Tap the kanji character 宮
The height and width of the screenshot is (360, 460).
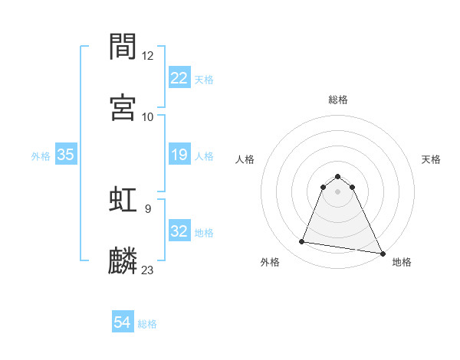(123, 107)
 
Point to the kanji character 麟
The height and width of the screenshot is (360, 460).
(123, 260)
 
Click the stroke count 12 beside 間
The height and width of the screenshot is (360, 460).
(148, 55)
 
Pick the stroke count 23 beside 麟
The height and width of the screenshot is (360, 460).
(148, 270)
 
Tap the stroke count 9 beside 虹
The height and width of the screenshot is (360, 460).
(147, 208)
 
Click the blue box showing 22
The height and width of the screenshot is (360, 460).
(179, 77)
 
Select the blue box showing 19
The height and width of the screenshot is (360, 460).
(179, 155)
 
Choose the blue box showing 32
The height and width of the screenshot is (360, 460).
(179, 231)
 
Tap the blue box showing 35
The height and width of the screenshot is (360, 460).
(66, 155)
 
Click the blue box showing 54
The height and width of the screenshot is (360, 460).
(123, 322)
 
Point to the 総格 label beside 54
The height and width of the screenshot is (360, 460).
(147, 324)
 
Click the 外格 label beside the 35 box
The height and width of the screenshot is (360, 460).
(41, 156)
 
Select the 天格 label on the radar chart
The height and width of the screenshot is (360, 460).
(432, 159)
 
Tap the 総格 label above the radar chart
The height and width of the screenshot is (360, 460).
(338, 100)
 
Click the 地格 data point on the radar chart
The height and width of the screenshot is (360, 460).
(383, 253)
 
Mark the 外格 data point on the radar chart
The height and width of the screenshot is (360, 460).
(302, 242)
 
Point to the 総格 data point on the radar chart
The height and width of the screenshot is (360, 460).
(338, 175)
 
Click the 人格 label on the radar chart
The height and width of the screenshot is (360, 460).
(245, 159)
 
